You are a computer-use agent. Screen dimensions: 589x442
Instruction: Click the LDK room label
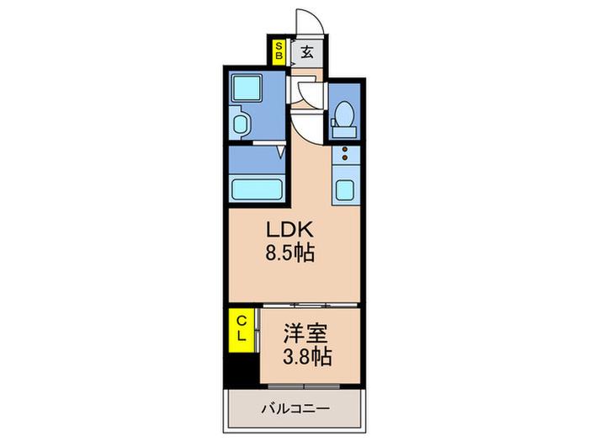(x=289, y=229)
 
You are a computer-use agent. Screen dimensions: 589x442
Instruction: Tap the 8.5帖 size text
(x=290, y=253)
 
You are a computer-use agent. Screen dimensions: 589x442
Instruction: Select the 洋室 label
(x=305, y=333)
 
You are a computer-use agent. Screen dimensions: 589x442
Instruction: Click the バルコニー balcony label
(x=295, y=408)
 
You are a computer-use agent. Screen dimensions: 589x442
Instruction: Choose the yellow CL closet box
(x=241, y=330)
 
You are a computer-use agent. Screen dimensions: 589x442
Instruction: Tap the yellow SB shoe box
(x=279, y=51)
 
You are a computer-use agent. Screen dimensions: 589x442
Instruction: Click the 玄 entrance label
(x=307, y=52)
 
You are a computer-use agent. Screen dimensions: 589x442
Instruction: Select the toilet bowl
(x=344, y=114)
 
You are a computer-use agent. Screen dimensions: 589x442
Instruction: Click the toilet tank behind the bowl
(x=343, y=132)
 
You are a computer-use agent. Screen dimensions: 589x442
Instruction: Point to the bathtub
(x=257, y=189)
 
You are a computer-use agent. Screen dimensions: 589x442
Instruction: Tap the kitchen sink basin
(x=345, y=190)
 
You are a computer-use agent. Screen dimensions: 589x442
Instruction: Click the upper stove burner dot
(x=345, y=150)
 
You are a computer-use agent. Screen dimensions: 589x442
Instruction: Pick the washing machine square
(x=247, y=88)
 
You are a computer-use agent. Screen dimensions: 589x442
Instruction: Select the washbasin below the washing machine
(x=241, y=125)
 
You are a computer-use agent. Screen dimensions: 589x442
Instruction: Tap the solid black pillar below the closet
(x=241, y=370)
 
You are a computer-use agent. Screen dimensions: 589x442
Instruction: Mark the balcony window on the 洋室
(x=305, y=386)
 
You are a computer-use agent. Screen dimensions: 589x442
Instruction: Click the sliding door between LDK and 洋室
(x=310, y=306)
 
